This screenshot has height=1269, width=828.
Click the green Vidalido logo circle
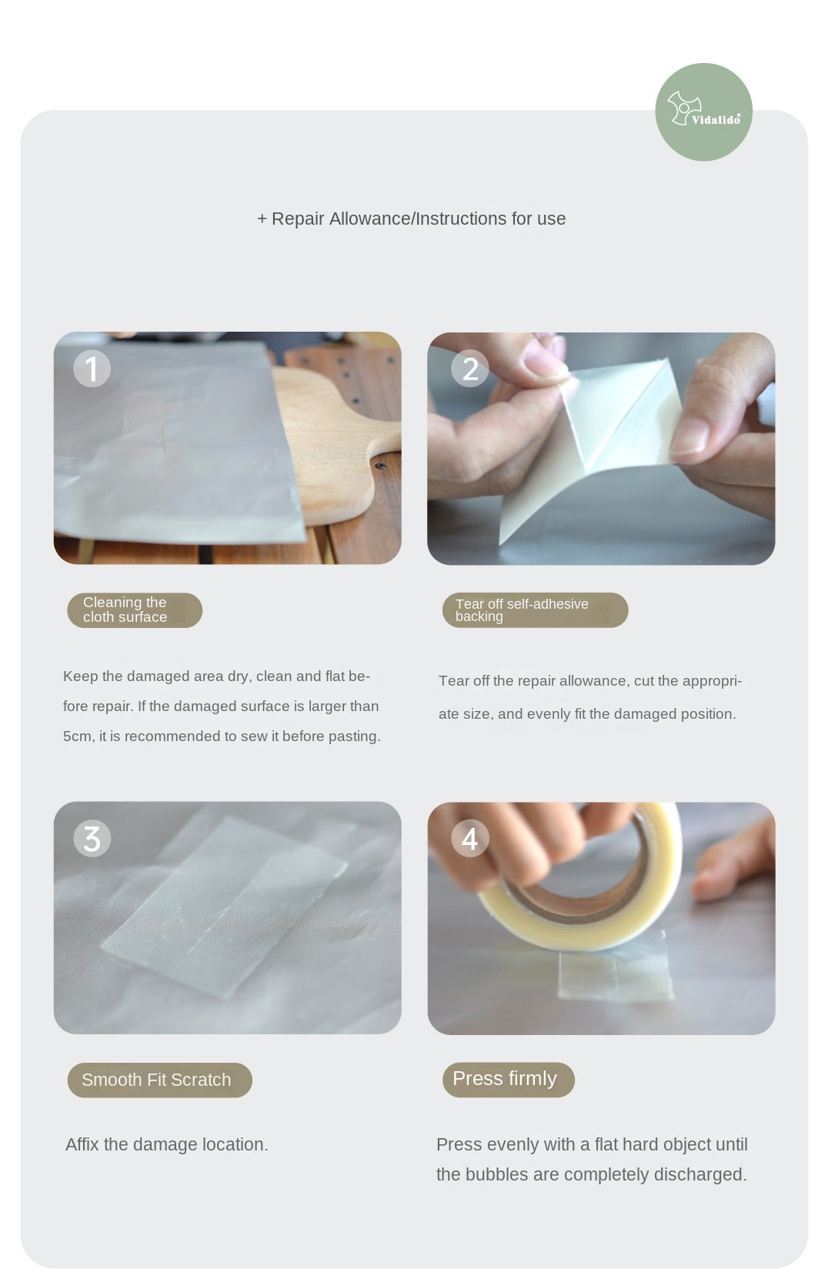pos(703,112)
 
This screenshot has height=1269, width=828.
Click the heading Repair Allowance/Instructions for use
pos(411,219)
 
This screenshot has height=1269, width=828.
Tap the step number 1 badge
pos(92,369)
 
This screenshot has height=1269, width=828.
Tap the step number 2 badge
pos(469,369)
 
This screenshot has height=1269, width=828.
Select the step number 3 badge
pos(92,839)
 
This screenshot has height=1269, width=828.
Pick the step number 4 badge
pos(469,839)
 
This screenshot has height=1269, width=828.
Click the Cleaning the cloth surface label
pos(134,610)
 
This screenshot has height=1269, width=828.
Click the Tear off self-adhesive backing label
pos(535,610)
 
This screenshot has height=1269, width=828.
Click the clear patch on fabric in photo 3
pos(223,908)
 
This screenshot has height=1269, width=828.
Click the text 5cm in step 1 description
pos(77,736)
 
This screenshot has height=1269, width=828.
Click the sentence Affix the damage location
pos(167,1144)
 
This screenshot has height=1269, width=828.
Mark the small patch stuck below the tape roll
pos(616,976)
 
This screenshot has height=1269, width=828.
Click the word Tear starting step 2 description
pos(453,681)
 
